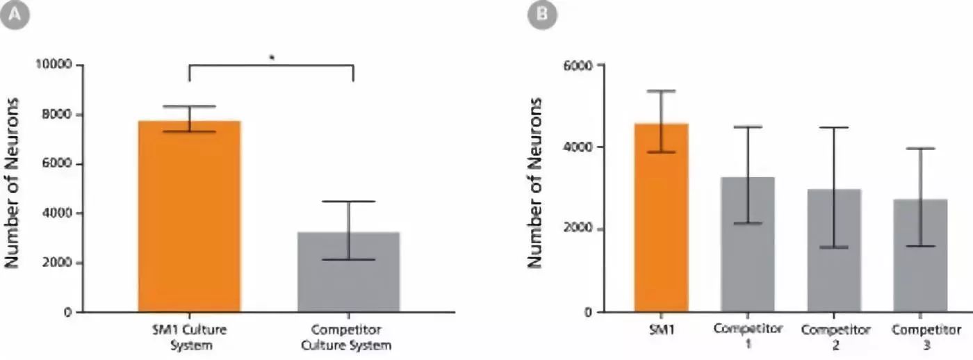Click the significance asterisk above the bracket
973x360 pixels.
coord(272,58)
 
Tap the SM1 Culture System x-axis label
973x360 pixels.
coord(189,336)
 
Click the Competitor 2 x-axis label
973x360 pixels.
coord(834,336)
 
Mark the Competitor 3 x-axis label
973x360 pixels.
coord(920,336)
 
